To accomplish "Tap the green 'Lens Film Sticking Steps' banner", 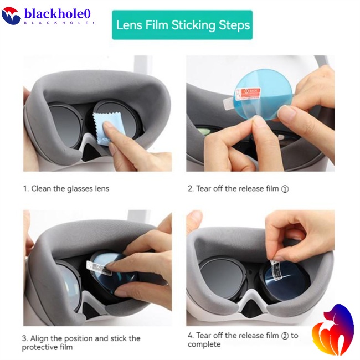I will (x=182, y=25).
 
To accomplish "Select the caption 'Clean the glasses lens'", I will (x=70, y=188).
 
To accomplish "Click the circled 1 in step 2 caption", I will (x=285, y=189).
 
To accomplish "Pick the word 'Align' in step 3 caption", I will (x=41, y=338).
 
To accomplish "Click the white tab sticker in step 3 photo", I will (x=100, y=267).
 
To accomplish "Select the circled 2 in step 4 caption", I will (x=285, y=336).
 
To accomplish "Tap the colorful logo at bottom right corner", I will (x=332, y=331).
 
